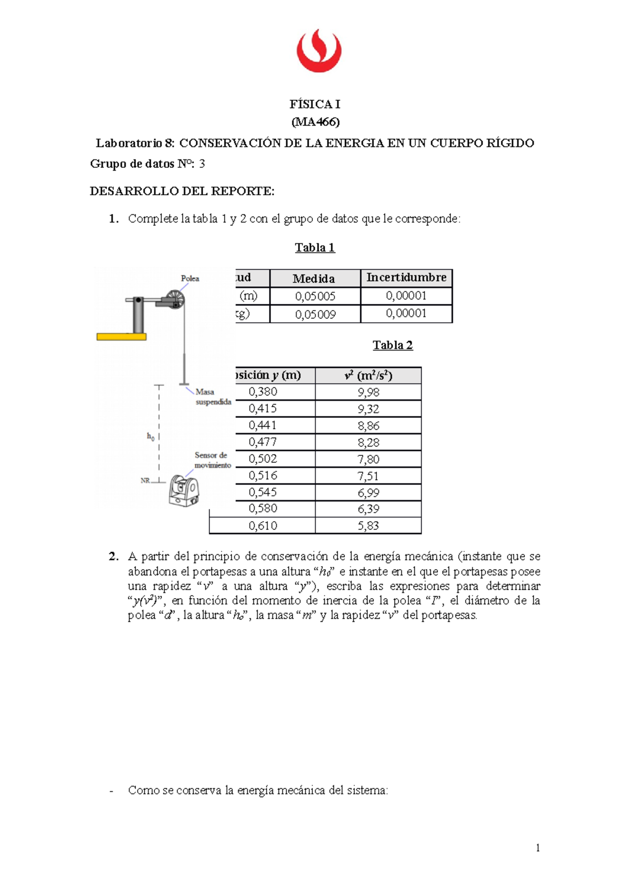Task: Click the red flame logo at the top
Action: pos(319,51)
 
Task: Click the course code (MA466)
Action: pos(316,122)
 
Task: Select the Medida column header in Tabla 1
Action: pos(314,279)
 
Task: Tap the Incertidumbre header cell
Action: pos(406,278)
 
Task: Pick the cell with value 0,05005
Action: pos(315,296)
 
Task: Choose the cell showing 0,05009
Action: pos(315,314)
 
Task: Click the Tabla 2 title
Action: pos(393,345)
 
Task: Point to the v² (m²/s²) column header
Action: pos(369,376)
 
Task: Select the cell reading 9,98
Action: pos(369,393)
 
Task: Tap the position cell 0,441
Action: pos(262,426)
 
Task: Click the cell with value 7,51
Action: pos(369,476)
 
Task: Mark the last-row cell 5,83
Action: pos(369,526)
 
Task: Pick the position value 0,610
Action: pos(262,526)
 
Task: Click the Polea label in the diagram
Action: pos(190,279)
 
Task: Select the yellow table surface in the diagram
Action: pos(121,337)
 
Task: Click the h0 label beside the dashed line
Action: pos(151,436)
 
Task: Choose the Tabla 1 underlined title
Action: pos(315,248)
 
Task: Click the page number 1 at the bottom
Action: pos(538,848)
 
